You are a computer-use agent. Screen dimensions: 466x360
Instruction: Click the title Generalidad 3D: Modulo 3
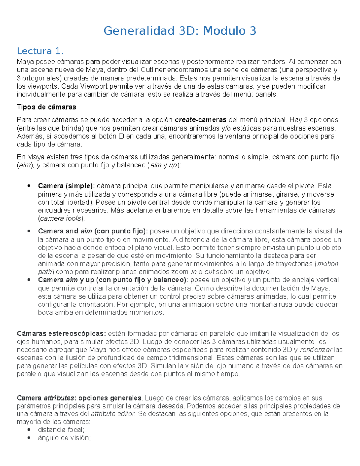coord(180,31)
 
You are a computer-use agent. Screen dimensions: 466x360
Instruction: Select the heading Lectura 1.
coord(40,51)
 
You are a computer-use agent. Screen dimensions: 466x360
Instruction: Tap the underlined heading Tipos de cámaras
coord(46,107)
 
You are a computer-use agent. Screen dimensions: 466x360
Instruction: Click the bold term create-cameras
coord(200,120)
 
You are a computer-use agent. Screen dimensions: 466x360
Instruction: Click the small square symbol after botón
coord(121,136)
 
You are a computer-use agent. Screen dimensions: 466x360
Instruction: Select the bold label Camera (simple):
coord(66,186)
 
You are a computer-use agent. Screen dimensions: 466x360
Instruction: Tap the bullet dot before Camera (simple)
coord(29,186)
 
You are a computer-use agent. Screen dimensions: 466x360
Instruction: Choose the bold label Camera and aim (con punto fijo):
coord(93,231)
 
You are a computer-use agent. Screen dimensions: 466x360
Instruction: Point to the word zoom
coord(180,272)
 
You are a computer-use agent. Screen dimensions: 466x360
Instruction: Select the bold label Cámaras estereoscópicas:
coord(61,334)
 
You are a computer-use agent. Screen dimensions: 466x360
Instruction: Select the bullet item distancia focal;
coord(61,430)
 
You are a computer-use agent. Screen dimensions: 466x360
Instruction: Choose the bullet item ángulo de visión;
coord(64,438)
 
